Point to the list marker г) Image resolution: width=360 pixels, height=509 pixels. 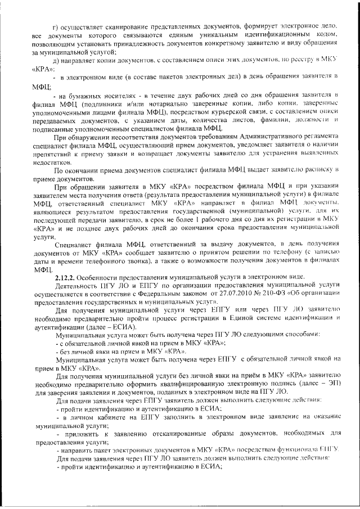click(55, 26)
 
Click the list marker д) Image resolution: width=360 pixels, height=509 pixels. click(55, 59)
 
